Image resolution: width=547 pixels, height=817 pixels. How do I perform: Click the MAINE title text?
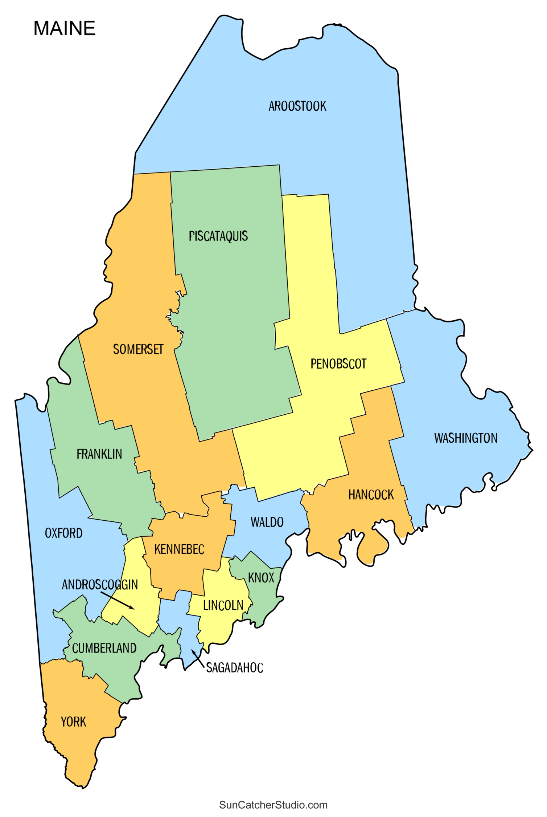[65, 28]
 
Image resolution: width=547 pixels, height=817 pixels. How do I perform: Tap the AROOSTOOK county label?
[297, 106]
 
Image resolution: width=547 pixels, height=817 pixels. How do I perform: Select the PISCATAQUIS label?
[218, 236]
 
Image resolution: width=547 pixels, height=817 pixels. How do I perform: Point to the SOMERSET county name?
[138, 349]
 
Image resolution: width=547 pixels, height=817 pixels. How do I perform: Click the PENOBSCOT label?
[338, 364]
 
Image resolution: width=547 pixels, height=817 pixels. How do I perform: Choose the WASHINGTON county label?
[466, 438]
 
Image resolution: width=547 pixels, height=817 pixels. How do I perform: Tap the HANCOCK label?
[371, 495]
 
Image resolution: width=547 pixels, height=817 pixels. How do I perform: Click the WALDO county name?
[267, 523]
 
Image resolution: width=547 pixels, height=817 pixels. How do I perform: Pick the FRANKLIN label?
[99, 454]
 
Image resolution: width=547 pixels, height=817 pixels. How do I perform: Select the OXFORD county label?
[64, 533]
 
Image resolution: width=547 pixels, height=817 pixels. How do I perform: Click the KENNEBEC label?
[179, 550]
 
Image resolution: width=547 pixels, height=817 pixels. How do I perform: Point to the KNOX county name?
[261, 578]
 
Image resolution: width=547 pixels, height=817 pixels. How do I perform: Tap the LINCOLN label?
[223, 606]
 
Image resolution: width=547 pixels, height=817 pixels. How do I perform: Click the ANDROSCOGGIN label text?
[100, 585]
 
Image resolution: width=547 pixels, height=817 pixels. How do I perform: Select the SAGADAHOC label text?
[235, 668]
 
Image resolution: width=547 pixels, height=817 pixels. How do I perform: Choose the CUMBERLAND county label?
[104, 648]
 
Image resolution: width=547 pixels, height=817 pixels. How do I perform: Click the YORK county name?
[74, 722]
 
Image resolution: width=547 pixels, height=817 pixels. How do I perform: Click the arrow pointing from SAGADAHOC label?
[198, 659]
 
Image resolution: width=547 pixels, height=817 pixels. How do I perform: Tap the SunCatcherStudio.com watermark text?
[273, 805]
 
